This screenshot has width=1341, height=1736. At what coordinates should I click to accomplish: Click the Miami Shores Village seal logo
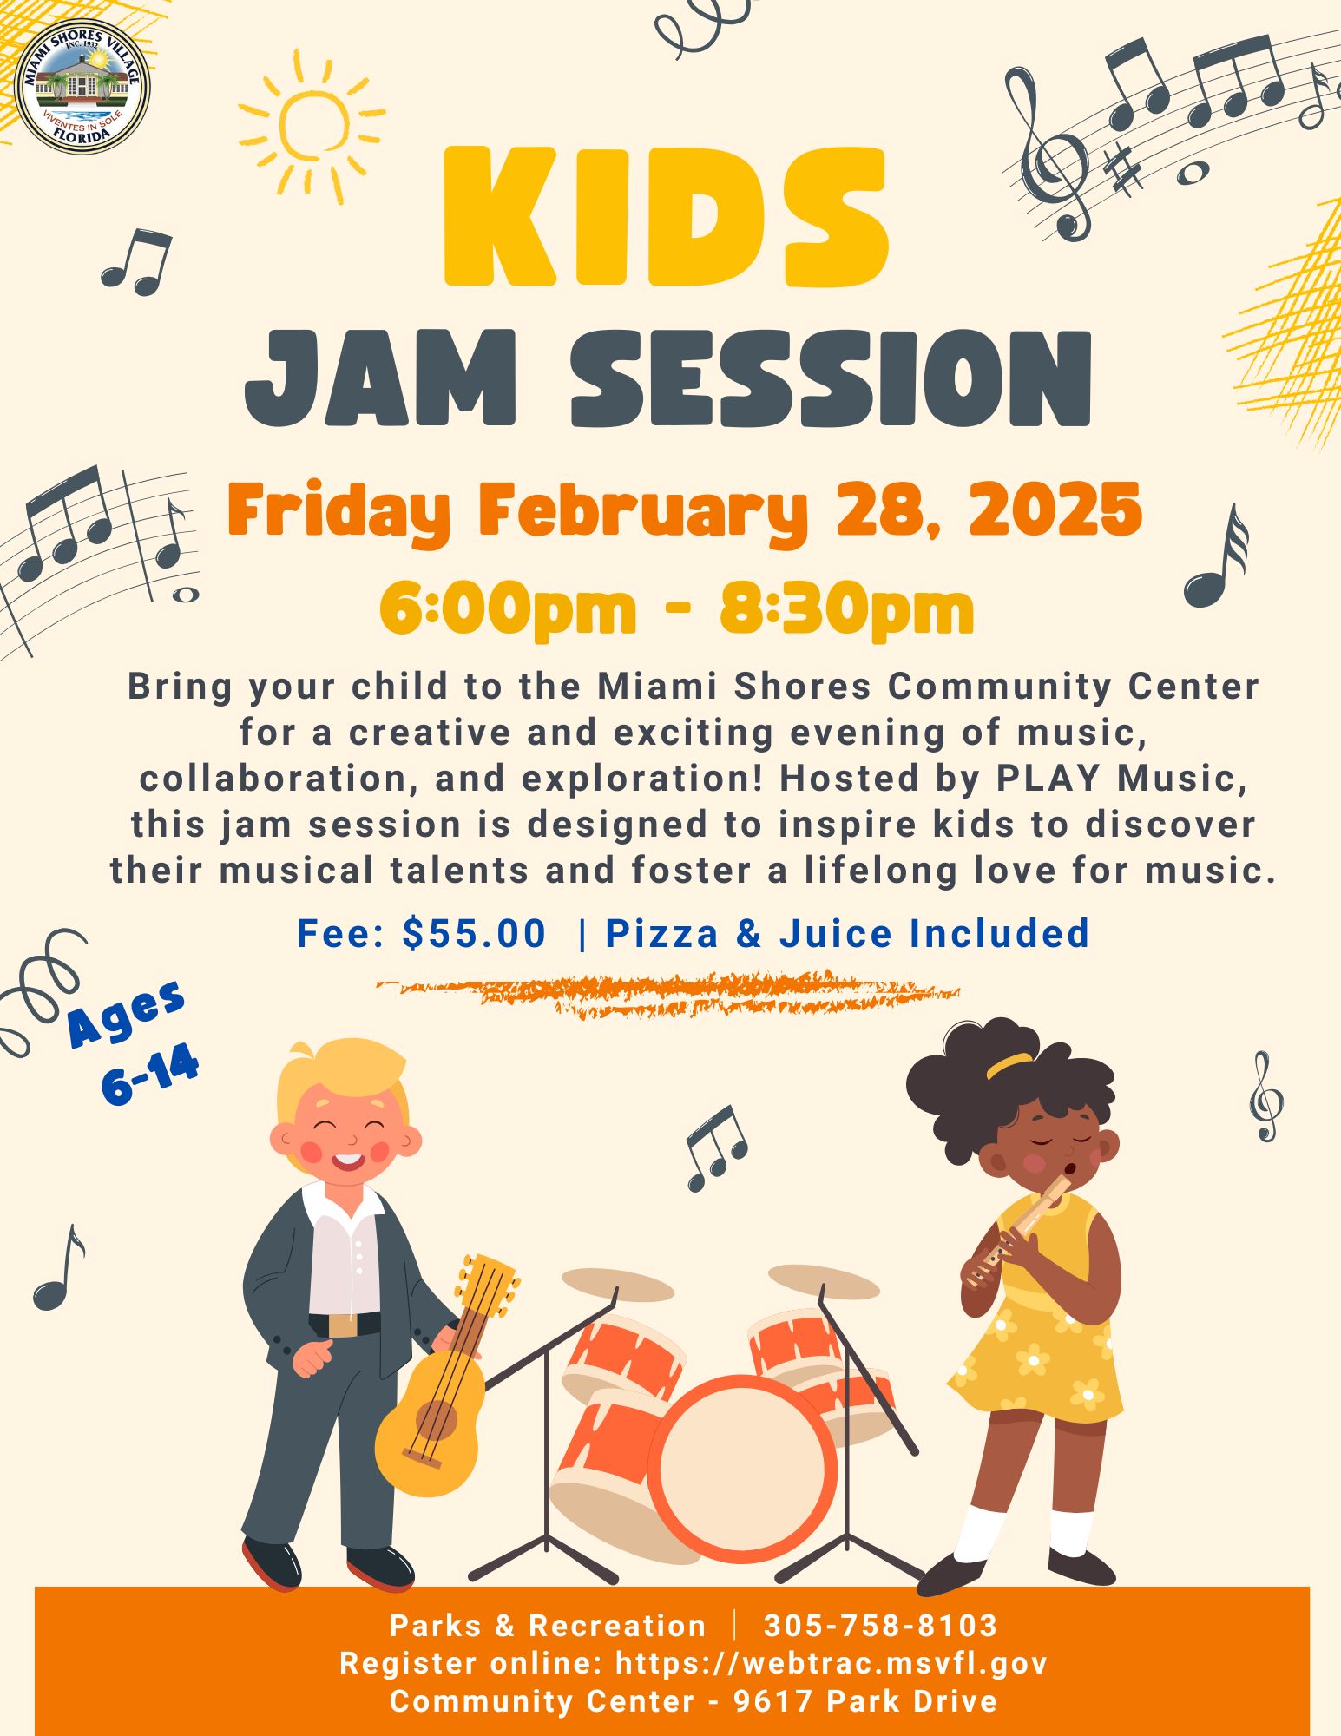point(82,87)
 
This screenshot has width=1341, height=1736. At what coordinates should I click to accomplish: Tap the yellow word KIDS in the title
point(667,217)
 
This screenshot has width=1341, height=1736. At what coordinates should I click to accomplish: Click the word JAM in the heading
point(382,378)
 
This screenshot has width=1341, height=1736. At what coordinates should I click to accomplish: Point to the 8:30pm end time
point(846,610)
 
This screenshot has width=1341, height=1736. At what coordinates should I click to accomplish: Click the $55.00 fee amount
point(474,934)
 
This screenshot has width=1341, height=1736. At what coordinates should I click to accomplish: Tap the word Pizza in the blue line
point(662,934)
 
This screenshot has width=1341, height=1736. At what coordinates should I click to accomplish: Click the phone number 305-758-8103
point(881,1626)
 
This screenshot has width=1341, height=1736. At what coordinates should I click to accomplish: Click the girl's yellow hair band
point(1009,1064)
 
